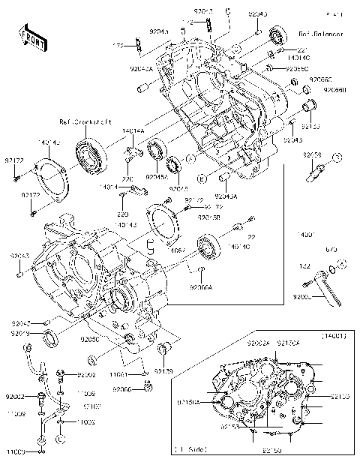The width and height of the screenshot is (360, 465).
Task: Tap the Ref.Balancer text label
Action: (321, 34)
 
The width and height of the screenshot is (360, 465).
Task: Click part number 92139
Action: (164, 370)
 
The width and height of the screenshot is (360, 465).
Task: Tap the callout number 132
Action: (305, 265)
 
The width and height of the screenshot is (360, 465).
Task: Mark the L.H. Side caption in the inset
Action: (189, 449)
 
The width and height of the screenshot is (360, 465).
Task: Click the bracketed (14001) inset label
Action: (334, 335)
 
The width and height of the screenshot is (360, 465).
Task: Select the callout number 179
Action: (118, 46)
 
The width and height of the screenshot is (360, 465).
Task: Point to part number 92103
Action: (92, 405)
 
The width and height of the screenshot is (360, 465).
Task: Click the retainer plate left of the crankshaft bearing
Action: (51, 178)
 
